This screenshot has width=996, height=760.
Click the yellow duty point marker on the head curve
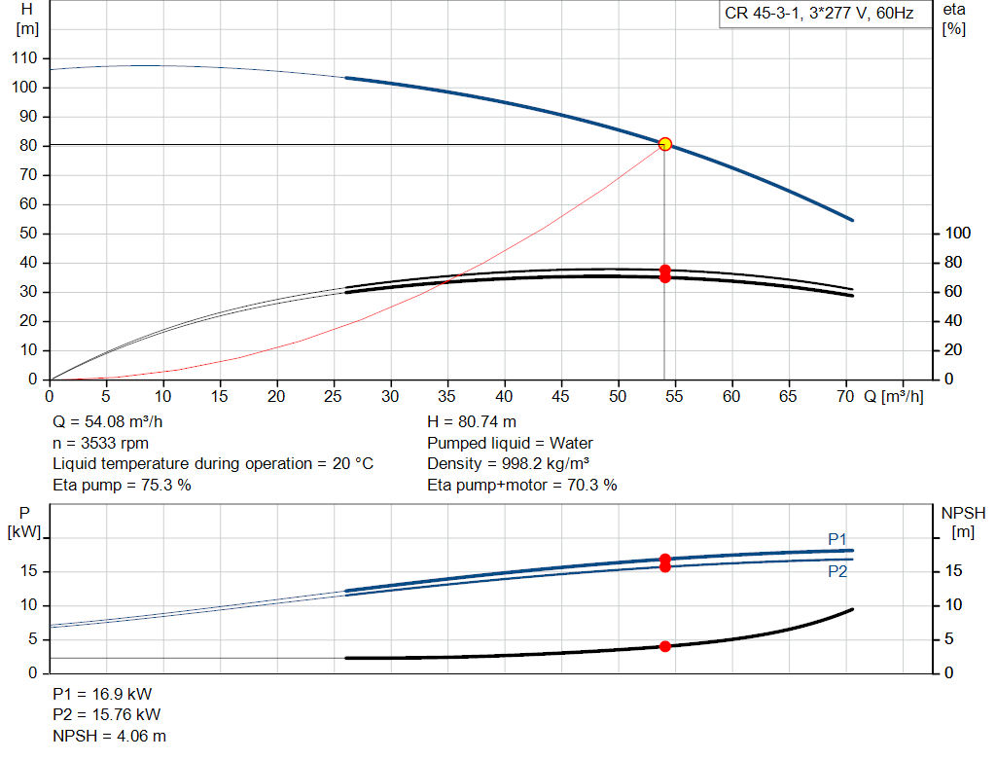665,144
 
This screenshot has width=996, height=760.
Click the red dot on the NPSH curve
665,646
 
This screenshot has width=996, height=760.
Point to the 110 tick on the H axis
24,57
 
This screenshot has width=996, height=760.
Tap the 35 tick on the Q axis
446,396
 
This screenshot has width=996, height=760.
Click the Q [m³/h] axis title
894,396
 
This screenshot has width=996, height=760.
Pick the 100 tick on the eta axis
958,234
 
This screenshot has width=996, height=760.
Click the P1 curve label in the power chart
837,539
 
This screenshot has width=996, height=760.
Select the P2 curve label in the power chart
837,572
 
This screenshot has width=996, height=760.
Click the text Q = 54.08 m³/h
107,422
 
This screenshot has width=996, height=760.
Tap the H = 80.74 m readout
472,422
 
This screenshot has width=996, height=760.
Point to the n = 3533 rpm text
100,443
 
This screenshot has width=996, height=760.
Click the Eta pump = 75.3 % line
122,485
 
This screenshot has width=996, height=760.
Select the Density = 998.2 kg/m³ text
508,464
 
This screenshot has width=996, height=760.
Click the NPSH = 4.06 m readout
109,736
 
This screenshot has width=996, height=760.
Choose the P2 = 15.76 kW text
107,715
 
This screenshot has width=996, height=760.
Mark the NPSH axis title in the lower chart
963,523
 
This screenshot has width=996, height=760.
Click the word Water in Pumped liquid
571,443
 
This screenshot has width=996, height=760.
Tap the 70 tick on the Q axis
845,396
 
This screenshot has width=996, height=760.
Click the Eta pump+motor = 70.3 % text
522,485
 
